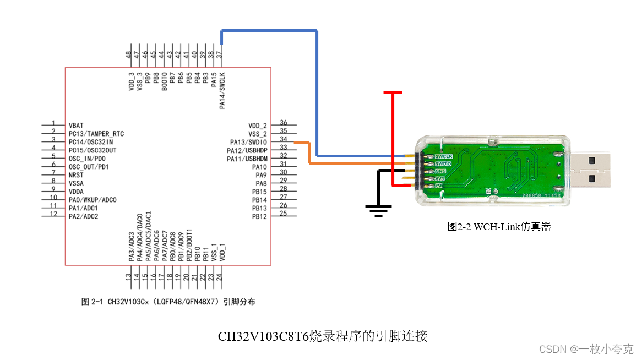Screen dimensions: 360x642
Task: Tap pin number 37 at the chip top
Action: pyautogui.click(x=219, y=55)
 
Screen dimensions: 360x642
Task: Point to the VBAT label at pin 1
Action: pyautogui.click(x=77, y=126)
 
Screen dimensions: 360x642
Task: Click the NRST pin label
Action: pyautogui.click(x=77, y=175)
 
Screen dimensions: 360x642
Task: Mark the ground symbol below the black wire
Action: pyautogui.click(x=379, y=210)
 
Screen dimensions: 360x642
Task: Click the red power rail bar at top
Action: pyautogui.click(x=393, y=92)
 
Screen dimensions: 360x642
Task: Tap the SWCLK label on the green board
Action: pyautogui.click(x=443, y=157)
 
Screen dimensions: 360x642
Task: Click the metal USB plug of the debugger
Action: pyautogui.click(x=591, y=169)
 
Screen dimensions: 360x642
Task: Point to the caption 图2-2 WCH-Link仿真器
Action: pyautogui.click(x=499, y=226)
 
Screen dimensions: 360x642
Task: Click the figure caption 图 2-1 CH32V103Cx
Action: pyautogui.click(x=168, y=302)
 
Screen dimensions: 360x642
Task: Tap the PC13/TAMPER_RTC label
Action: pyautogui.click(x=96, y=134)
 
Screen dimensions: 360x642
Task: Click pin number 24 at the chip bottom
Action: pyautogui.click(x=219, y=277)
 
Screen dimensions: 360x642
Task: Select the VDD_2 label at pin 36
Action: pyautogui.click(x=257, y=126)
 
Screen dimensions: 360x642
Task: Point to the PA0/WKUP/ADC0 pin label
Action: pyautogui.click(x=93, y=200)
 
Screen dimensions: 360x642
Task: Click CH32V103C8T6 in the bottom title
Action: pyautogui.click(x=263, y=336)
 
